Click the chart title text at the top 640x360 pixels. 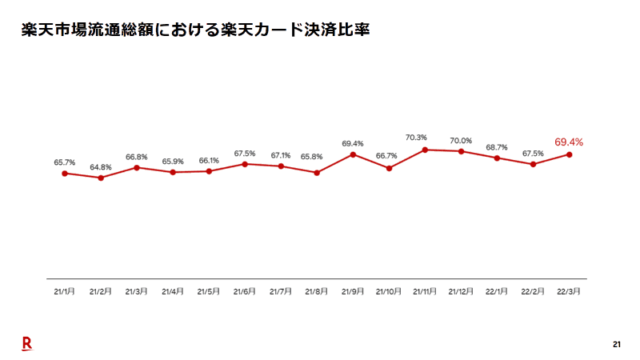pyautogui.click(x=197, y=31)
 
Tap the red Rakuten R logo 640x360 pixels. pyautogui.click(x=26, y=342)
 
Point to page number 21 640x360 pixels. pyautogui.click(x=617, y=345)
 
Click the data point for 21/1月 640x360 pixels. pyautogui.click(x=65, y=173)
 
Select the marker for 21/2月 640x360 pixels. pyautogui.click(x=101, y=178)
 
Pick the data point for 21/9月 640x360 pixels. pyautogui.click(x=353, y=154)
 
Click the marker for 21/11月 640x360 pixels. pyautogui.click(x=425, y=149)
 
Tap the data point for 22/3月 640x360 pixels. pyautogui.click(x=569, y=154)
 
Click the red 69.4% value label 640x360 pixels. pyautogui.click(x=569, y=142)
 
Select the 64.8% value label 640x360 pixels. pyautogui.click(x=101, y=166)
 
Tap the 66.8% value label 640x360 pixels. pyautogui.click(x=137, y=157)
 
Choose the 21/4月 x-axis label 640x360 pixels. pyautogui.click(x=173, y=292)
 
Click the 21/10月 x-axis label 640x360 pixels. pyautogui.click(x=389, y=292)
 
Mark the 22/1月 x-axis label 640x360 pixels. pyautogui.click(x=497, y=292)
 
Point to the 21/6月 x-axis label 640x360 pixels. pyautogui.click(x=245, y=292)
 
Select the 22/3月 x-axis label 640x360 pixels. pyautogui.click(x=569, y=292)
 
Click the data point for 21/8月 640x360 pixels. pyautogui.click(x=317, y=173)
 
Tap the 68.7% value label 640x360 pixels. pyautogui.click(x=497, y=147)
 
